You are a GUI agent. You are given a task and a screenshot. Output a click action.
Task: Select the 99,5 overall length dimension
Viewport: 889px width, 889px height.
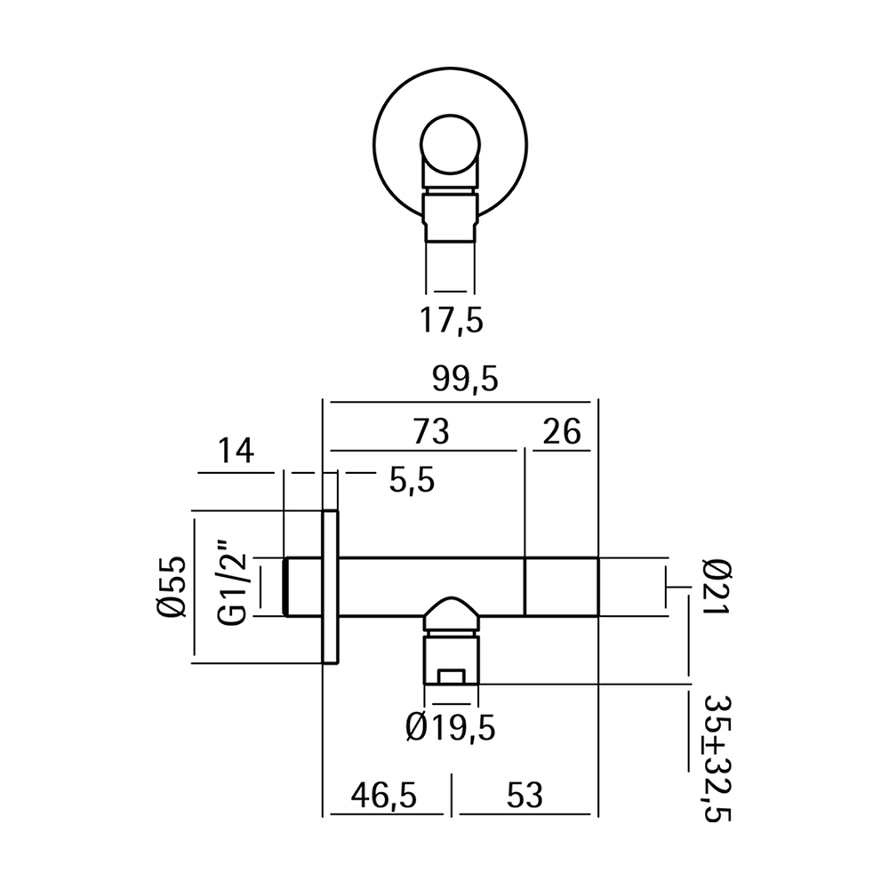pyautogui.click(x=461, y=380)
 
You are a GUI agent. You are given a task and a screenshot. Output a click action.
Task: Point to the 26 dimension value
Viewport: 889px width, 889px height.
pyautogui.click(x=560, y=432)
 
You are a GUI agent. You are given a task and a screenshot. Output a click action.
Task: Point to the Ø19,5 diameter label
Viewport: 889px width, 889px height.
pyautogui.click(x=449, y=729)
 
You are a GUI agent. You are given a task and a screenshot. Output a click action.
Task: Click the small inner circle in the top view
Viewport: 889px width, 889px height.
pyautogui.click(x=450, y=147)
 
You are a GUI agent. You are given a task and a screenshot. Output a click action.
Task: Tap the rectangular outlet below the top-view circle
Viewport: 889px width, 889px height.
pyautogui.click(x=450, y=218)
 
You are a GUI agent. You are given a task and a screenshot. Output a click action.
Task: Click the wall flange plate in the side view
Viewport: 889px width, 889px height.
pyautogui.click(x=330, y=587)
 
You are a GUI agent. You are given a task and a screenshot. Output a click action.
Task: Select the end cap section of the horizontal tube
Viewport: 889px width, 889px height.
pyautogui.click(x=561, y=586)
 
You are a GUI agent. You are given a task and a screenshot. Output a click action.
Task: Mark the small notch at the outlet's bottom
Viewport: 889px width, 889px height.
pyautogui.click(x=453, y=677)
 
